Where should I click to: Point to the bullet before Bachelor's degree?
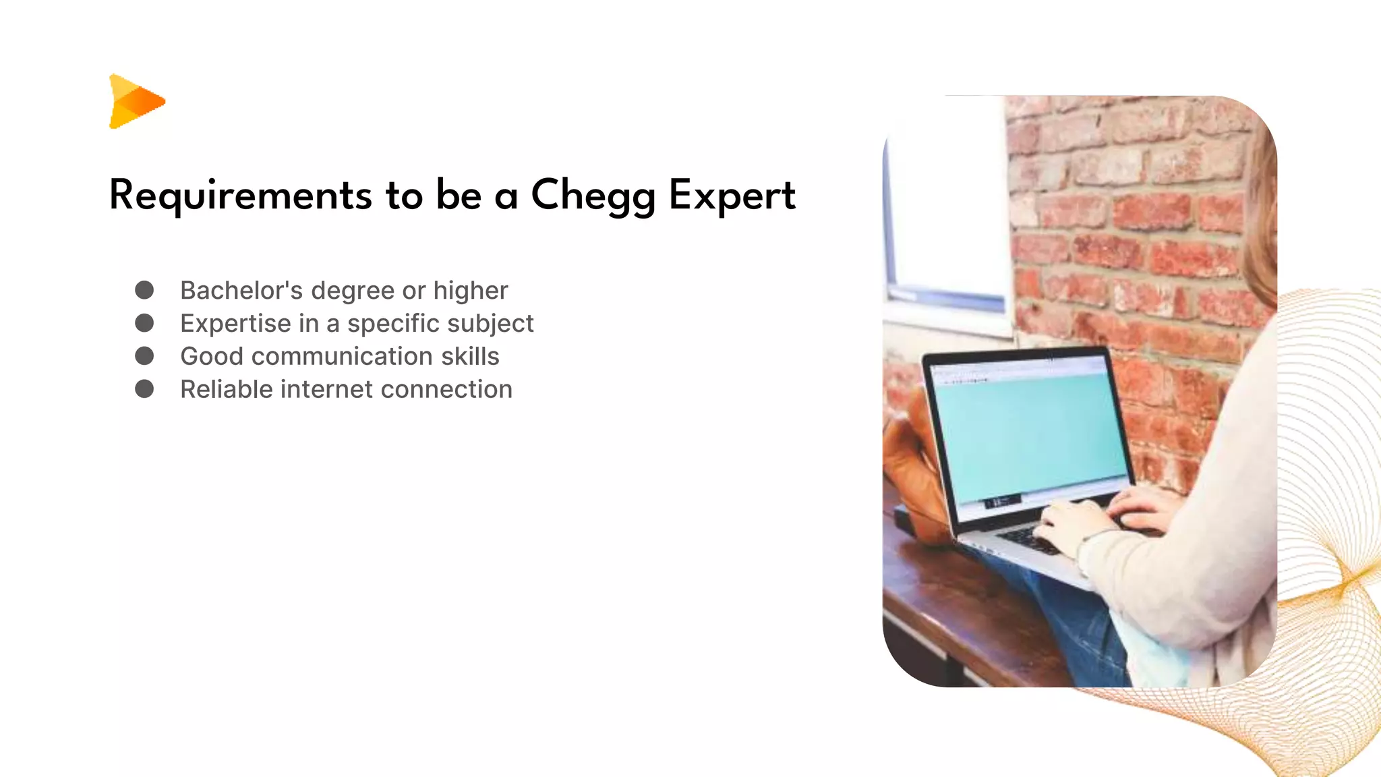144,290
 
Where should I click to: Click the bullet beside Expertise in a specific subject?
144,323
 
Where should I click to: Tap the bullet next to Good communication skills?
144,356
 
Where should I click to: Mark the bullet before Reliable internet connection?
144,389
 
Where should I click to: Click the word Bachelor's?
241,290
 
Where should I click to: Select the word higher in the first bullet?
470,290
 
